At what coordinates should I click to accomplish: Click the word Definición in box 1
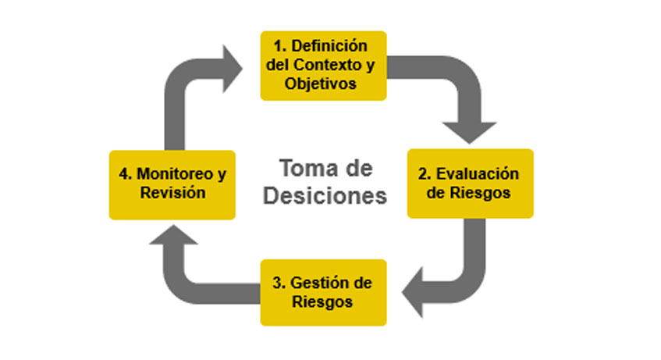(x=329, y=45)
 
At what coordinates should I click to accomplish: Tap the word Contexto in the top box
(x=327, y=65)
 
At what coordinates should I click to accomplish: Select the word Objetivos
(x=321, y=84)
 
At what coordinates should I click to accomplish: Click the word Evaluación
(x=477, y=173)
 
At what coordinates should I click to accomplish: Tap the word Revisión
(x=172, y=193)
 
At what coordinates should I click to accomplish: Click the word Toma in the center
(x=303, y=169)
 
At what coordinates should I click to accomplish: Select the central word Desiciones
(x=325, y=196)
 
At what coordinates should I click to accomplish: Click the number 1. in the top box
(x=280, y=45)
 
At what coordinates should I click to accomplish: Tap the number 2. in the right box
(x=425, y=173)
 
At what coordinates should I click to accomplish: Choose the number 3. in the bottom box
(x=279, y=283)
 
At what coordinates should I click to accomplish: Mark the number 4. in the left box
(x=126, y=173)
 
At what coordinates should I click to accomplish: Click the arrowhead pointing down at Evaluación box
(x=469, y=133)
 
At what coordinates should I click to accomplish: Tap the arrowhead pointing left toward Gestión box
(x=412, y=292)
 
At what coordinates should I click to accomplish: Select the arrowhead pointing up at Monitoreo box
(x=173, y=234)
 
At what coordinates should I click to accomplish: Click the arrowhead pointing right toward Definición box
(x=233, y=69)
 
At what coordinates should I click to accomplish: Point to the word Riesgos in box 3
(x=322, y=302)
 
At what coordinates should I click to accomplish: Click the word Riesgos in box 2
(x=480, y=193)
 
